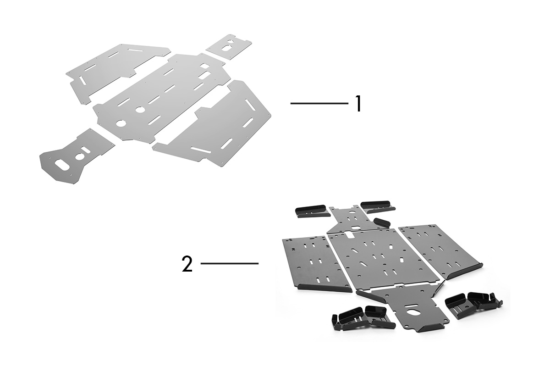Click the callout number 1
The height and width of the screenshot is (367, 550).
(x=358, y=104)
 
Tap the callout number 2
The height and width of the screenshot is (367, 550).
(x=187, y=264)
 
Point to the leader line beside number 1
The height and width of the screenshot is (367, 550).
(x=319, y=104)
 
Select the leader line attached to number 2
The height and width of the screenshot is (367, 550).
(x=230, y=263)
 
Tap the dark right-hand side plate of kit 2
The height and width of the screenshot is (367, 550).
(x=440, y=251)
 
